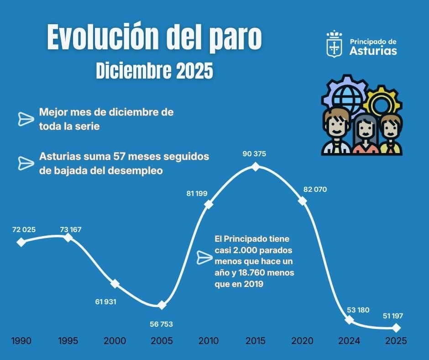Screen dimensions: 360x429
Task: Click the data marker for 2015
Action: coord(256,167)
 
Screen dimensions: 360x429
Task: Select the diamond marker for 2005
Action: coord(162,305)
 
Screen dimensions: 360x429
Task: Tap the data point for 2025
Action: coord(396,328)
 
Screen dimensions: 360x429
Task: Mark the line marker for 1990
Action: coord(21,242)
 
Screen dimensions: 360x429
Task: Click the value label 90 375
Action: coord(254,154)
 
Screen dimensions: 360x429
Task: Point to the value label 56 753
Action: coord(161,324)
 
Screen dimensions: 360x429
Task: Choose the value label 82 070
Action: coord(314,189)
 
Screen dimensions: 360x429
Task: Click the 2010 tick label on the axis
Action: coord(208,341)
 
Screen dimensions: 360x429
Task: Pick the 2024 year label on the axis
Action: coord(349,341)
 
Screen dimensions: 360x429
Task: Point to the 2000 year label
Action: coord(115,341)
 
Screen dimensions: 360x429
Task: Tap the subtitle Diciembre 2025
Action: coord(154,71)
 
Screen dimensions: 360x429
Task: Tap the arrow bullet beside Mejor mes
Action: coord(26,119)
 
